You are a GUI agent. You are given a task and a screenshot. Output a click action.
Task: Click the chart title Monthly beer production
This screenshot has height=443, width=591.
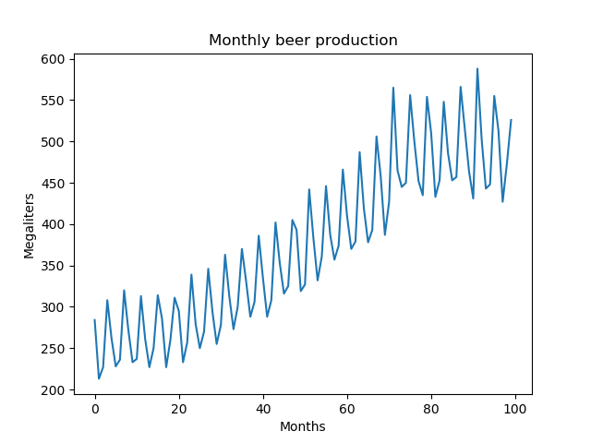click(303, 41)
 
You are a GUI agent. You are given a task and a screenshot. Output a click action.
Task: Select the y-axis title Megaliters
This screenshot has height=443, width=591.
click(30, 224)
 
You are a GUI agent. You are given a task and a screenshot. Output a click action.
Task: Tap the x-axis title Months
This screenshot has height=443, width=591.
click(303, 426)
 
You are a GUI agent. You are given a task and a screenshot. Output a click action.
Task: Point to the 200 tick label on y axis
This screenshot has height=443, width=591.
click(53, 390)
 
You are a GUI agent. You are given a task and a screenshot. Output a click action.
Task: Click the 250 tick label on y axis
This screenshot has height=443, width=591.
click(53, 349)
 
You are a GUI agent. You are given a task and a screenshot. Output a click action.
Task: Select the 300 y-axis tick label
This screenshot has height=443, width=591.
click(53, 307)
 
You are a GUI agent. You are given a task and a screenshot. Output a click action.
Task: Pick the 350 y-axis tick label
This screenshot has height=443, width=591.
click(53, 266)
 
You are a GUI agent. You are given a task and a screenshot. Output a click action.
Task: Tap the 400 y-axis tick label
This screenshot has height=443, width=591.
click(53, 224)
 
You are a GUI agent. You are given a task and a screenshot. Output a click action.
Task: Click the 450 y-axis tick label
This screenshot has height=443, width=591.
click(53, 183)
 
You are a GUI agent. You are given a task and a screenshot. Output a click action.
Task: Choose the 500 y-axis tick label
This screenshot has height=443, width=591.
click(53, 142)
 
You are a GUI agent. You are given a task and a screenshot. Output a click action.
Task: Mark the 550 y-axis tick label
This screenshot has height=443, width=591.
click(53, 101)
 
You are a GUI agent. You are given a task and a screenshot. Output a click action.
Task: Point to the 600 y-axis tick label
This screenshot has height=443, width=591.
click(53, 59)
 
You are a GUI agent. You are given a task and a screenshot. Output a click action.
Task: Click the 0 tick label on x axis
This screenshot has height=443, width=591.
click(95, 409)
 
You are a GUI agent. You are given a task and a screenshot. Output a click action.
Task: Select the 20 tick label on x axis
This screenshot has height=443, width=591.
click(179, 409)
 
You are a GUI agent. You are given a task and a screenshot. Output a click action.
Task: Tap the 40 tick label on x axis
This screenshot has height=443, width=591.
click(263, 409)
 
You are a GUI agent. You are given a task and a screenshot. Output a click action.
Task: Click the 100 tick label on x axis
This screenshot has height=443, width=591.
click(515, 409)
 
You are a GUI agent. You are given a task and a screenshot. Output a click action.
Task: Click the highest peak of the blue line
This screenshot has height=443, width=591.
click(477, 69)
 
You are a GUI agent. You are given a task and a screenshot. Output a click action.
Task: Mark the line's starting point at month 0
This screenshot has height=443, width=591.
click(95, 320)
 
